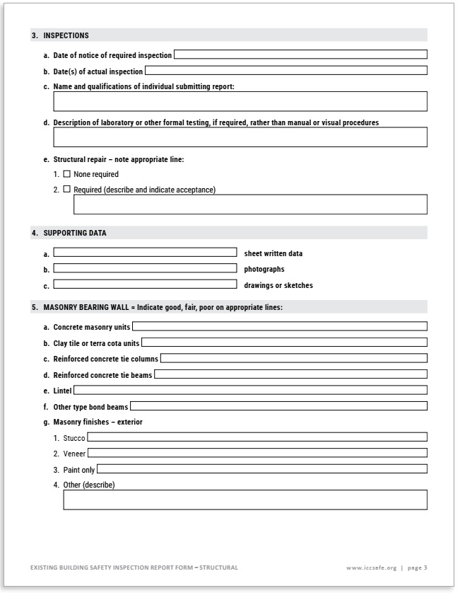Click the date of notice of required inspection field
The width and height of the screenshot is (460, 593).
tap(300, 54)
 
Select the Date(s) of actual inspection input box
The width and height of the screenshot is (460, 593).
tap(285, 71)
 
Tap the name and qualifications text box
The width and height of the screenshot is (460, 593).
tap(240, 102)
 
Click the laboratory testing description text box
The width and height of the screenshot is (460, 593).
tap(240, 137)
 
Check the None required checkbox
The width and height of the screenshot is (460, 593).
tap(67, 174)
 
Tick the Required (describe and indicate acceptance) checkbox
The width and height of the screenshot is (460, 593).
tap(67, 189)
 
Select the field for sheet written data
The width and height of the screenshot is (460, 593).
tap(145, 253)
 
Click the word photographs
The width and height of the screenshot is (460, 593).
tap(264, 270)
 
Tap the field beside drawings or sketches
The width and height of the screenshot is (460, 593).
tap(145, 285)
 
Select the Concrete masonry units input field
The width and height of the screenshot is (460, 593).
tap(279, 327)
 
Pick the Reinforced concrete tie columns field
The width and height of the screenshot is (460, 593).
tap(293, 359)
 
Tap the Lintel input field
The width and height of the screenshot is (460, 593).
tap(250, 390)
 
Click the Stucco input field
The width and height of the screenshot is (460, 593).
tap(256, 437)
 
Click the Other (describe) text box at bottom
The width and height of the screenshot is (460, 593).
tap(244, 500)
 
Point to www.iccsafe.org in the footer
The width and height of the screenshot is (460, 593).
tap(372, 568)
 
